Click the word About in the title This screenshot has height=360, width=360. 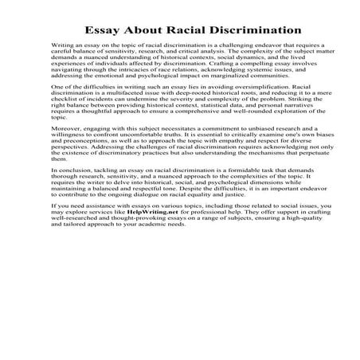coord(139,30)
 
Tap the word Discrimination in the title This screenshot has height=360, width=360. coord(248,30)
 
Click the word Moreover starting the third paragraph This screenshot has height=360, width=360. coord(63,148)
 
